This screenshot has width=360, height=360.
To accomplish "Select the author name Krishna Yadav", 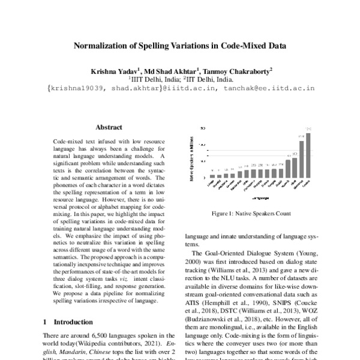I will (x=115, y=71).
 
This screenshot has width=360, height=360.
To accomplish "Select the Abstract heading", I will (x=109, y=127).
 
